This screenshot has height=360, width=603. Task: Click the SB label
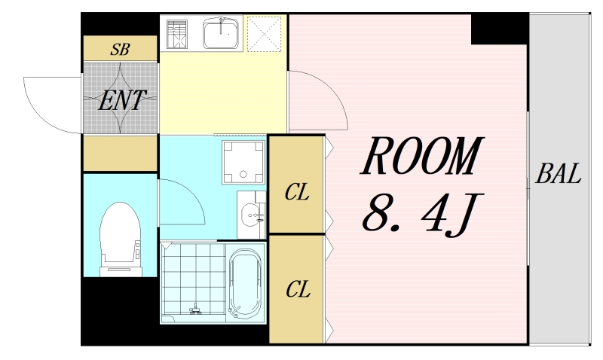(x=120, y=50)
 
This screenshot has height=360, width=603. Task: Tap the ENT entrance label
(x=122, y=100)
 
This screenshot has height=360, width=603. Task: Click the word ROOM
(x=421, y=156)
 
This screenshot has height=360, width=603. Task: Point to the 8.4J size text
(x=422, y=213)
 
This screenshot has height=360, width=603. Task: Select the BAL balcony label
(x=558, y=173)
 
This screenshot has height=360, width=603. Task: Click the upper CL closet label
(x=297, y=192)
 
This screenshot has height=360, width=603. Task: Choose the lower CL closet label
(x=298, y=289)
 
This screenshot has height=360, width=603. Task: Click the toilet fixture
(x=121, y=239)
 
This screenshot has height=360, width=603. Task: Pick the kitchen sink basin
(x=221, y=33)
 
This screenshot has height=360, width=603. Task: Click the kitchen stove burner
(x=177, y=34)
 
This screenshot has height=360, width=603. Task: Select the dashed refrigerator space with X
(x=265, y=33)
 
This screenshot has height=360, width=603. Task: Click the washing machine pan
(x=243, y=162)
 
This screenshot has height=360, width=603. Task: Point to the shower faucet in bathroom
(x=196, y=310)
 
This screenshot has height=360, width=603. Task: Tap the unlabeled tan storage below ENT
(x=121, y=153)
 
